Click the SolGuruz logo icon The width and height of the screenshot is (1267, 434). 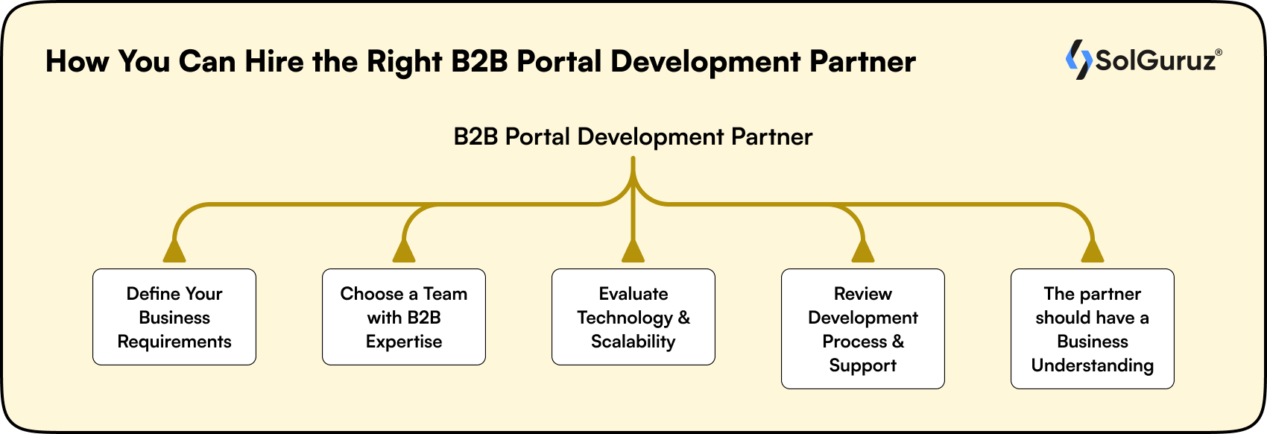tap(1078, 60)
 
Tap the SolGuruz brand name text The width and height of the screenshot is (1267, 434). tap(1154, 60)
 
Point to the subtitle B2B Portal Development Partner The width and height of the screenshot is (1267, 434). tap(633, 137)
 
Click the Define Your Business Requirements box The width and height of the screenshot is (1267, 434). tap(174, 317)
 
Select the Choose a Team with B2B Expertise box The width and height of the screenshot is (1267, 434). tap(403, 317)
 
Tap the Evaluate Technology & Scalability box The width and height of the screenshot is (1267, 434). tap(633, 317)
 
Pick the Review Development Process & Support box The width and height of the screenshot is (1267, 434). tap(862, 329)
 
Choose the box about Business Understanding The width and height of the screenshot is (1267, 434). tap(1092, 329)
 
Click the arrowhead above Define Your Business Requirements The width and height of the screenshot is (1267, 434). tap(174, 252)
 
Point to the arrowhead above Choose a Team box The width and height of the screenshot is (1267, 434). tap(403, 252)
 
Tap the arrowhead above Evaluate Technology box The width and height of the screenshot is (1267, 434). tap(633, 252)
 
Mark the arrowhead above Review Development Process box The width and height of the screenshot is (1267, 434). tap(862, 252)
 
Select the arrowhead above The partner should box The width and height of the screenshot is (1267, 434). tap(1092, 252)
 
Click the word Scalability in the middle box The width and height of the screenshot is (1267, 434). tap(633, 342)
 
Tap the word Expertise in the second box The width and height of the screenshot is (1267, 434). tap(403, 342)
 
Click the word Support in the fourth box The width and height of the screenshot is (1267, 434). tap(862, 365)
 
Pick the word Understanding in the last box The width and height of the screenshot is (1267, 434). tap(1092, 365)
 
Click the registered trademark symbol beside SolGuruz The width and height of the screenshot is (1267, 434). tap(1219, 52)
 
